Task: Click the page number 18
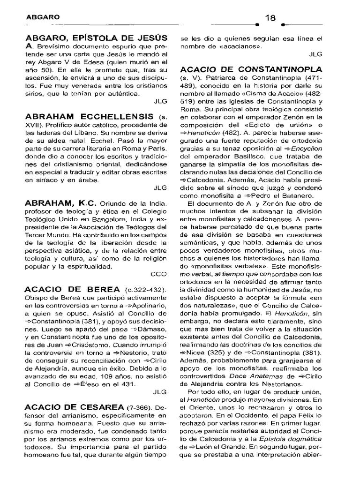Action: (270, 18)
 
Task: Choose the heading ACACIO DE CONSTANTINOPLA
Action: (251, 69)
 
